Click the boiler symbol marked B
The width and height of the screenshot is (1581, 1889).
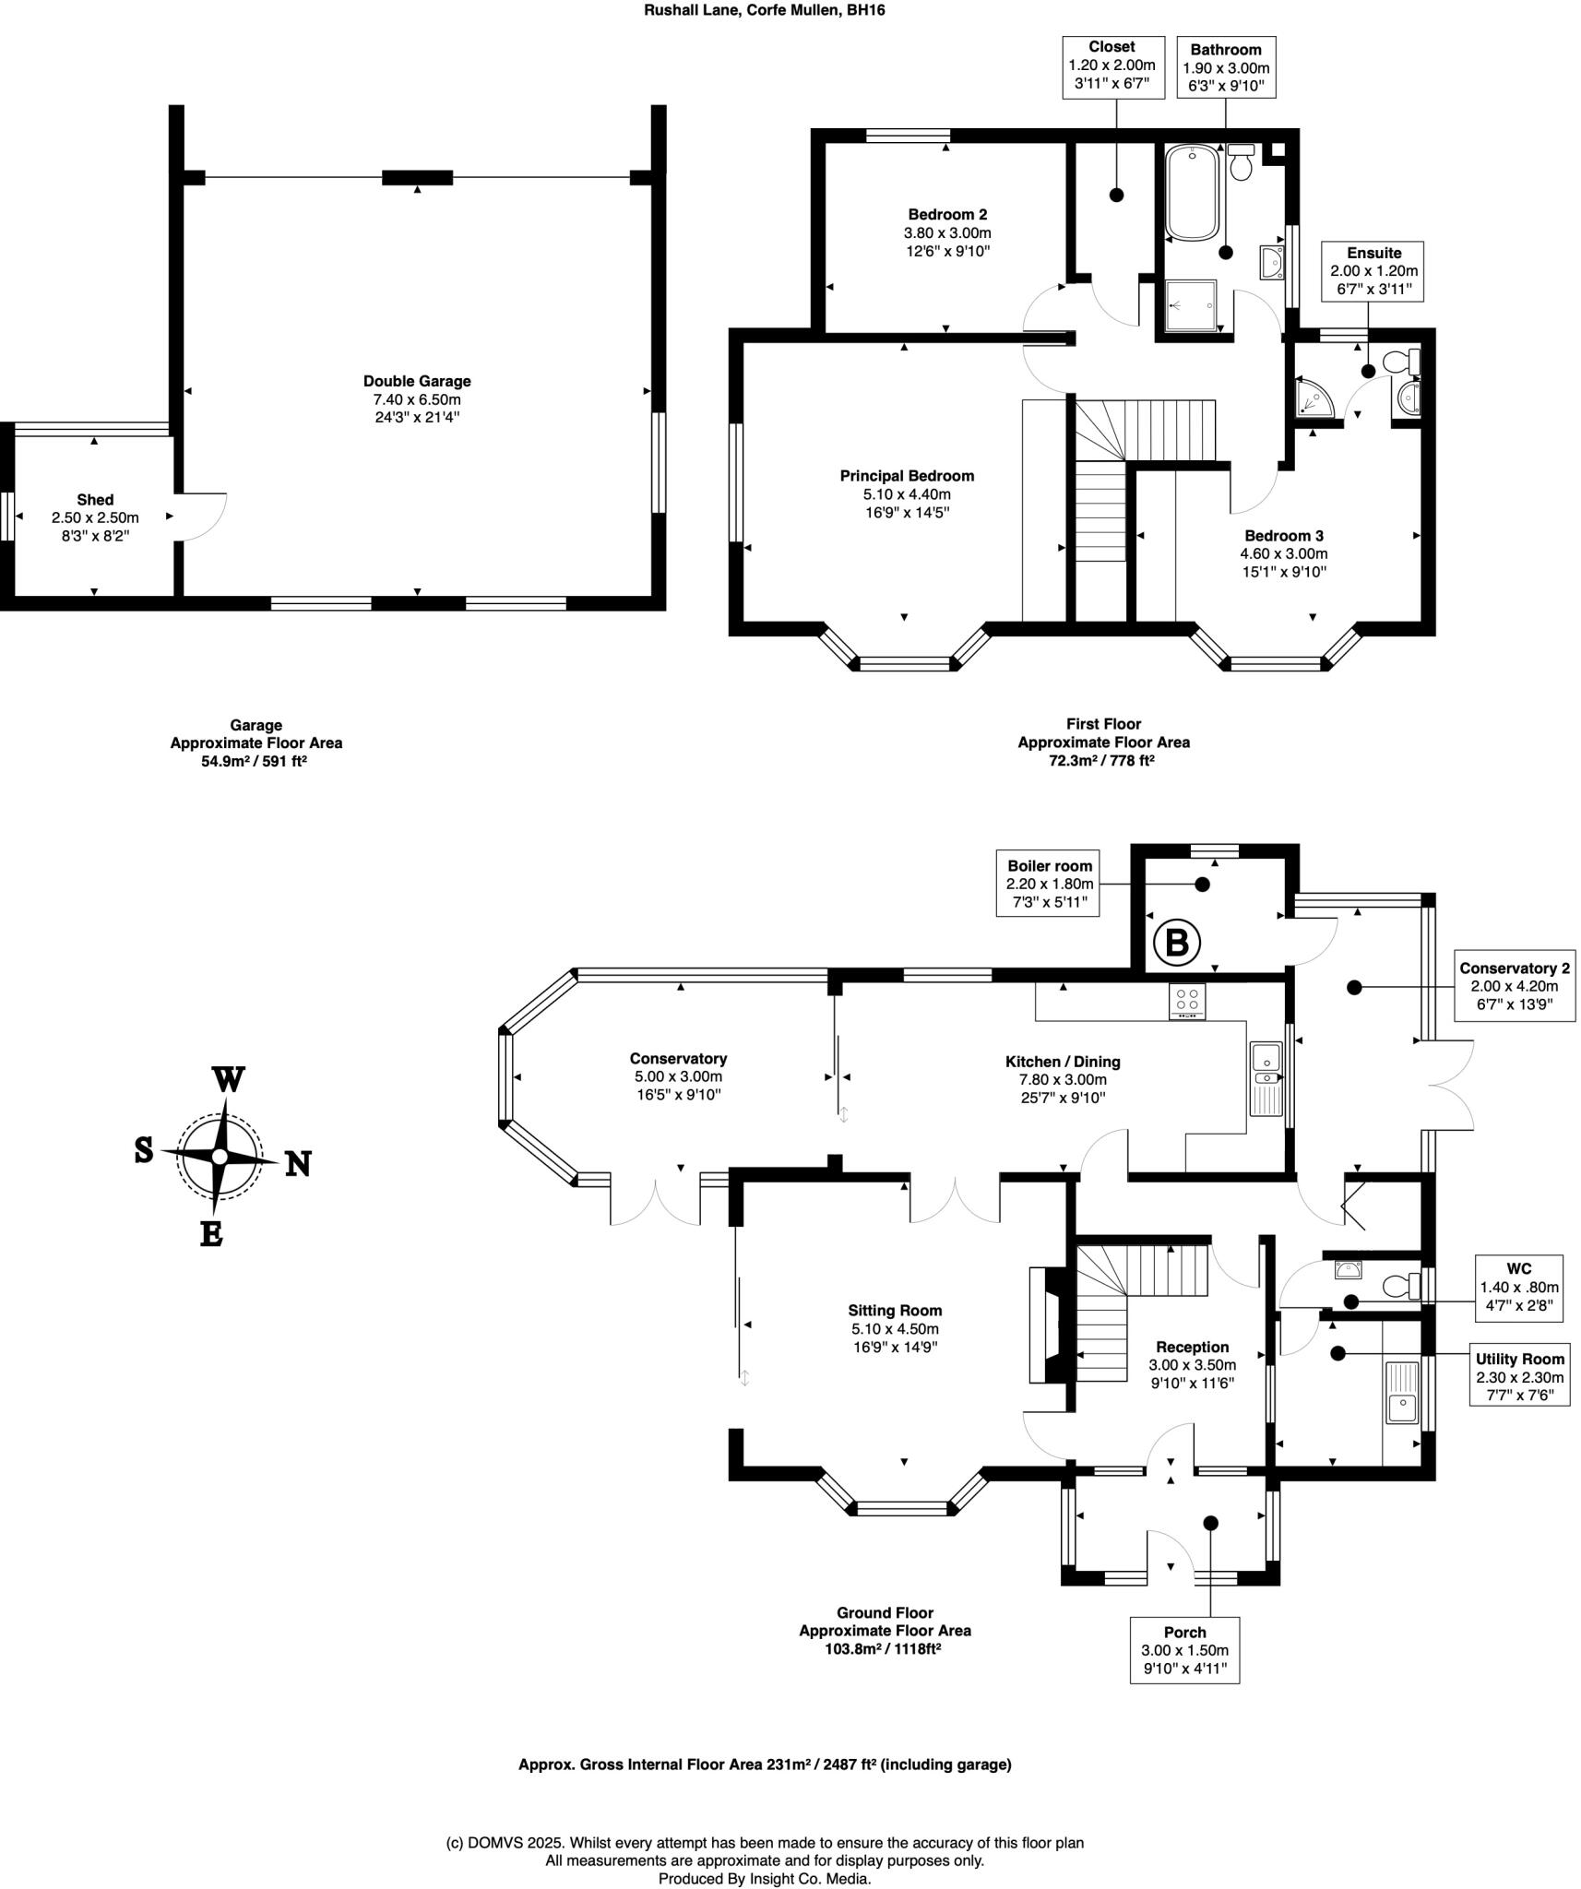coord(1177,943)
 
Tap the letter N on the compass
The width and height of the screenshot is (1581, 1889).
coord(297,1164)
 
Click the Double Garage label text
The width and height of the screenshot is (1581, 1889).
coord(417,381)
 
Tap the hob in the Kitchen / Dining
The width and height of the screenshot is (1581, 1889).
coord(1187,1002)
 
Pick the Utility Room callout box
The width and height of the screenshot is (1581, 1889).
coord(1519,1373)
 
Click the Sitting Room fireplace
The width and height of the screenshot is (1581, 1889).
coord(1049,1325)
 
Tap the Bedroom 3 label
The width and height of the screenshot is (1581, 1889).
coord(1283,536)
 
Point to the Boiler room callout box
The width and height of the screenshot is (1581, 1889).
coord(1049,884)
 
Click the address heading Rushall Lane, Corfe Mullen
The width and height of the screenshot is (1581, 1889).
coord(765,10)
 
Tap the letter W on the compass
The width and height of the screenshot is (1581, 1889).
coord(228,1079)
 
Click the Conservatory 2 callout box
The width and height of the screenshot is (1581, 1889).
coord(1514,986)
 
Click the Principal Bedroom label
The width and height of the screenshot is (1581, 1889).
coord(907,476)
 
